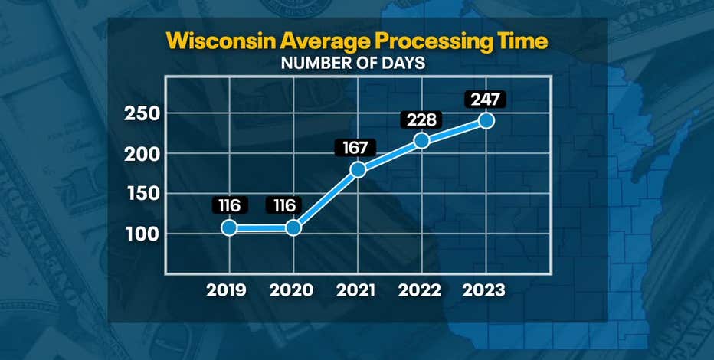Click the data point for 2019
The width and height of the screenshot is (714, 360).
(229, 227)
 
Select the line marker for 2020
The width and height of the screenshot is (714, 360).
(293, 227)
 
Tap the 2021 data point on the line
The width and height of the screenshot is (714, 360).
(357, 170)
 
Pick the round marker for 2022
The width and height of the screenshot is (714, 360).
(421, 140)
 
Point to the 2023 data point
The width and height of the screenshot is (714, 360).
(485, 121)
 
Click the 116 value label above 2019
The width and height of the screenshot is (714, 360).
(229, 205)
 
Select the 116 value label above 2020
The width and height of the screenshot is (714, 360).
(283, 205)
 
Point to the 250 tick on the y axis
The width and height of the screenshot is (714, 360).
(142, 114)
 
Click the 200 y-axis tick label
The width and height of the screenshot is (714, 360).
(142, 154)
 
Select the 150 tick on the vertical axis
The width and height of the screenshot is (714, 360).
(142, 194)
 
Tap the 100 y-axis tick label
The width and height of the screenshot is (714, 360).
(142, 234)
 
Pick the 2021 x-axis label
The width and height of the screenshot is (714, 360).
(356, 291)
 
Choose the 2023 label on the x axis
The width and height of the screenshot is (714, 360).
(484, 291)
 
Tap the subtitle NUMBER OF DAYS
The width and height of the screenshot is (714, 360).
(353, 64)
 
